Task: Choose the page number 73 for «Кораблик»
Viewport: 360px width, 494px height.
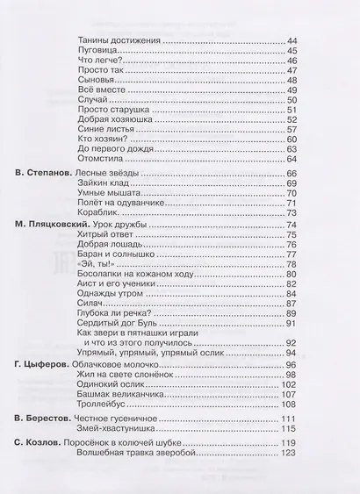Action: [x=292, y=213]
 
